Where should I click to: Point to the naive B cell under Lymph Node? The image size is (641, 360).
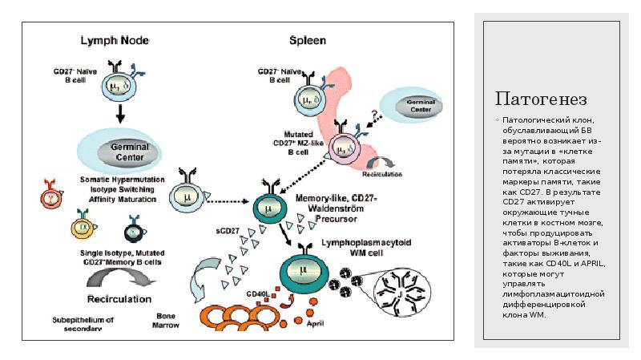click(119, 82)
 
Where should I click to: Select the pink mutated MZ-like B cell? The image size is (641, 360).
click(346, 149)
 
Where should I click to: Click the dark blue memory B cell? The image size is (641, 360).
click(133, 232)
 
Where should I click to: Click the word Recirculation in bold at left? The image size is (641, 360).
click(119, 299)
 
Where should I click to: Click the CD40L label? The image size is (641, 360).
click(257, 293)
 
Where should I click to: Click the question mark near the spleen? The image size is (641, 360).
click(373, 115)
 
